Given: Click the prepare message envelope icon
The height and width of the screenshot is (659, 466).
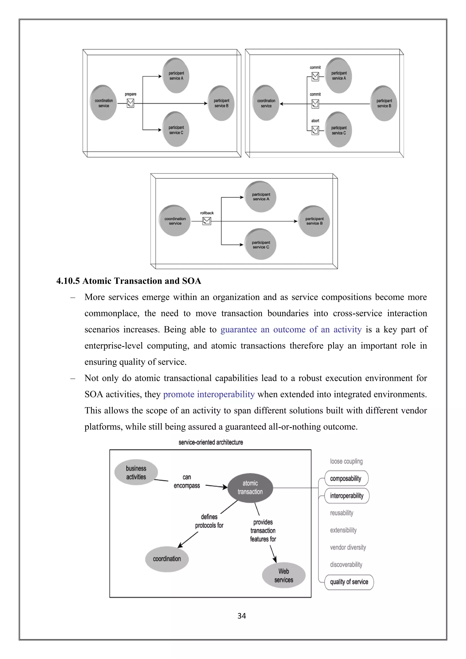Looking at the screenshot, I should (130, 103).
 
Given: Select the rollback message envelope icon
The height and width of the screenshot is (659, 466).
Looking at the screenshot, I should (207, 221).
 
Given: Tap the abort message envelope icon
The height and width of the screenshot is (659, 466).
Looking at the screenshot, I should (315, 130).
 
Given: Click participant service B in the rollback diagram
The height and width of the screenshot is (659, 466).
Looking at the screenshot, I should (314, 221).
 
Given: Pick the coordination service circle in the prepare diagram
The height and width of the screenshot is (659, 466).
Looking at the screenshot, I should (104, 103).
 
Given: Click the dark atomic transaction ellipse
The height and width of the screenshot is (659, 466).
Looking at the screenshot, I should (250, 488).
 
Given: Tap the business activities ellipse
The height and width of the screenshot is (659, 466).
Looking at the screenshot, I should (136, 472).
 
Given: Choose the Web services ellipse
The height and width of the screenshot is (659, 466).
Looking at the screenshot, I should (284, 575).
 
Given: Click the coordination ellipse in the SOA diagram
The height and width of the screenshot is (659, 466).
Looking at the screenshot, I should (167, 559).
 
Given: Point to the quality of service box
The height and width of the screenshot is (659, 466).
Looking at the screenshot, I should (349, 582).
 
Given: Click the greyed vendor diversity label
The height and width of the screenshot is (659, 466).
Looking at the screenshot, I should (348, 547).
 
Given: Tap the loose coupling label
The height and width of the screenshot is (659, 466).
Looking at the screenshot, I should (346, 461).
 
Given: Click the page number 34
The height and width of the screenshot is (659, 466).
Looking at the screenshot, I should (242, 616).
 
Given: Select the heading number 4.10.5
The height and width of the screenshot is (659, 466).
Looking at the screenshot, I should (68, 281).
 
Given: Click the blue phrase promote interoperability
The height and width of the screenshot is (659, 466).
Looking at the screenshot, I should (209, 394).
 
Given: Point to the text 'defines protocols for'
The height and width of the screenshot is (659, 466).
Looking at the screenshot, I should (209, 521).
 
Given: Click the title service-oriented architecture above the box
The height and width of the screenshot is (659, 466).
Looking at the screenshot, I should (211, 442).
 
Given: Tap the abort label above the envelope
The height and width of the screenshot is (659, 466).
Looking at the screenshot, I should (315, 121).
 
